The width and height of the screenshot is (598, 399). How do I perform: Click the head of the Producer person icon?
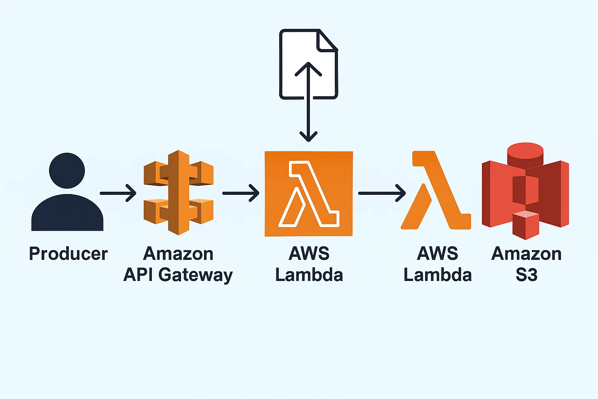[67, 171]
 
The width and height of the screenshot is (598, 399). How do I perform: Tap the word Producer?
[68, 254]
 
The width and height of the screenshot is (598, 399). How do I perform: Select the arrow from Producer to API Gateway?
[118, 193]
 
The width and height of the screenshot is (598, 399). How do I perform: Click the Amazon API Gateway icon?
[178, 192]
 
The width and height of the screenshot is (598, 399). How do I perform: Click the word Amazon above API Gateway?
[178, 254]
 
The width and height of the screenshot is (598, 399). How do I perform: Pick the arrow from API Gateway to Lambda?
[241, 193]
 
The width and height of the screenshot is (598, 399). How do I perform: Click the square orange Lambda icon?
[309, 194]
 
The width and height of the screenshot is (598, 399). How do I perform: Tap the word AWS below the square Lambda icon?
[309, 254]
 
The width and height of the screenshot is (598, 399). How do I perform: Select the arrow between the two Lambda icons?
[382, 193]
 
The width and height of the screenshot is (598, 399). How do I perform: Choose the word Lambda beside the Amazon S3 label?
[438, 275]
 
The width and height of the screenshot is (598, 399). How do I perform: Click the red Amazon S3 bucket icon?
[526, 191]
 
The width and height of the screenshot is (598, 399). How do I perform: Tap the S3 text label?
[526, 275]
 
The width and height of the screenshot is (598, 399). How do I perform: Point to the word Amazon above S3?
[526, 254]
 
